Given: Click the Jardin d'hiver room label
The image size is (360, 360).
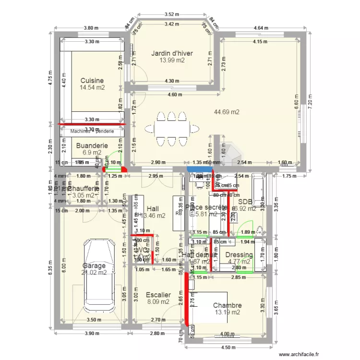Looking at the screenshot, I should [172, 53].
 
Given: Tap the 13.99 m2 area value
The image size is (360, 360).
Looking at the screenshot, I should [172, 60].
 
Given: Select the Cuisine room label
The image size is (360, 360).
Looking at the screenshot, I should [92, 81].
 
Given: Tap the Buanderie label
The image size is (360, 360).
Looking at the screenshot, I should [92, 145].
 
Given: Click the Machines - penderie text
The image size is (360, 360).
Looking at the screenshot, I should [92, 131].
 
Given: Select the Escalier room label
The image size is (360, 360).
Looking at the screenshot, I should [158, 295].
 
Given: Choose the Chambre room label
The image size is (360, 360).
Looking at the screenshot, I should [227, 305].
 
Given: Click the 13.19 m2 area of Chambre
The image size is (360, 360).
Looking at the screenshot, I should [227, 312].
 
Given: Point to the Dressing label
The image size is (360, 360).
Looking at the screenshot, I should [239, 255].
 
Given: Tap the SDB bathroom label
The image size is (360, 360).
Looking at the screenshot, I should [245, 202].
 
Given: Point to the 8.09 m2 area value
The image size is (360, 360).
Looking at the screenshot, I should [158, 302].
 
